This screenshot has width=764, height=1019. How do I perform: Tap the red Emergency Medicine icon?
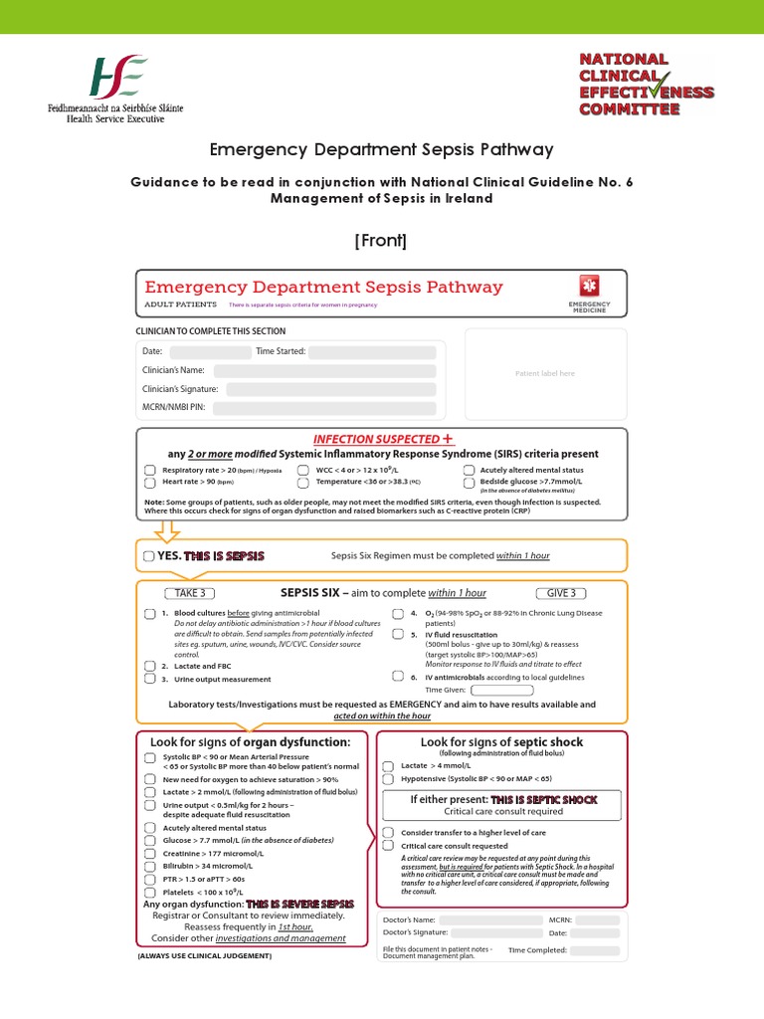[589, 285]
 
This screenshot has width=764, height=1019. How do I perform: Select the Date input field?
[210, 352]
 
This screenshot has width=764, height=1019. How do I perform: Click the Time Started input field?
[373, 352]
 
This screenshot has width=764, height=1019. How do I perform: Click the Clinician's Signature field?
[324, 389]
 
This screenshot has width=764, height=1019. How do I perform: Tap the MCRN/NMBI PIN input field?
[324, 408]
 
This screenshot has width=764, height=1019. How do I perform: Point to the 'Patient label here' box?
[545, 373]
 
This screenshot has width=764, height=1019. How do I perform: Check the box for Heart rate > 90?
[149, 483]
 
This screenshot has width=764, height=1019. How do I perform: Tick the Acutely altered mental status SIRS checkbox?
[469, 470]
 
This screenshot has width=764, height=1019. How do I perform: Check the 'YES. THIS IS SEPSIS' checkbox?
[149, 556]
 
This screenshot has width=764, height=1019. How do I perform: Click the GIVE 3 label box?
[561, 593]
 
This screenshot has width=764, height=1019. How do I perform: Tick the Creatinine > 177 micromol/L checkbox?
[149, 854]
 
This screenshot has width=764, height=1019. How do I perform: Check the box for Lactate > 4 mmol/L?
[388, 766]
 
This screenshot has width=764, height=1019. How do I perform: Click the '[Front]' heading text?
[382, 240]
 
